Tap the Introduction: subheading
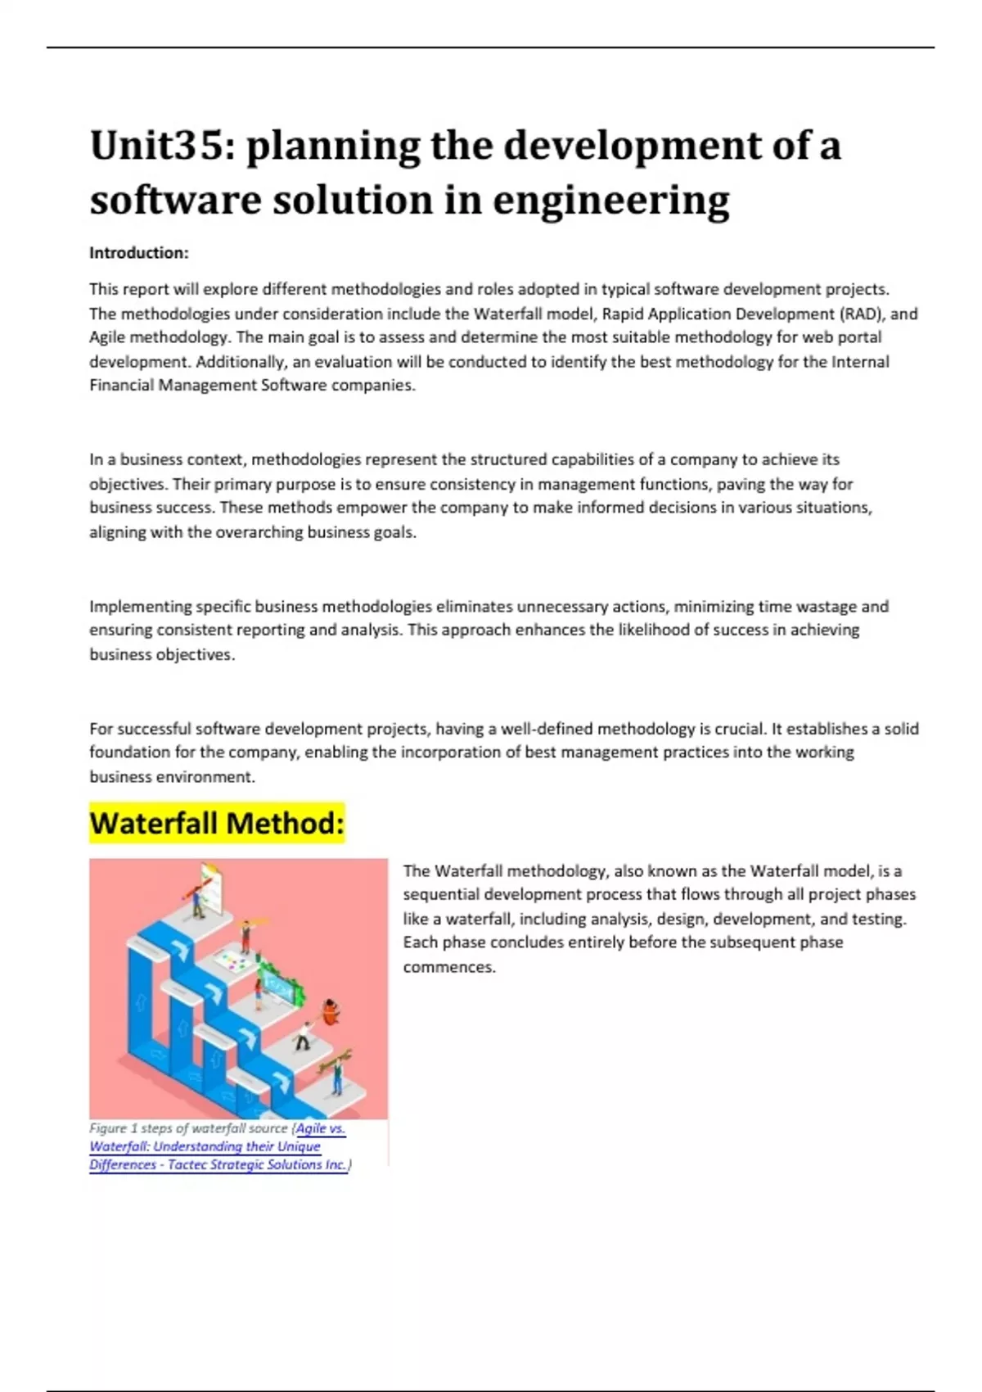tap(139, 253)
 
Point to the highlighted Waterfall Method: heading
tap(217, 823)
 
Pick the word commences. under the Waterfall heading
tap(449, 967)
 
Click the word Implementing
tap(136, 607)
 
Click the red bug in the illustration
tap(331, 1012)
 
